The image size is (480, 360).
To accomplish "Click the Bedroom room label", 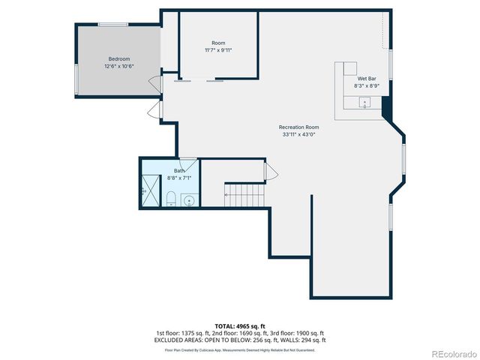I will point(118,59).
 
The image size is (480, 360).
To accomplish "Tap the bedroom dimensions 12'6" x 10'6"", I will point(118,66).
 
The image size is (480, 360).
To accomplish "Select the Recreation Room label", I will point(298,127).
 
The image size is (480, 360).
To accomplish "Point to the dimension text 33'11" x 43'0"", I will point(298,135).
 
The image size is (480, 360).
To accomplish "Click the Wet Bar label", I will point(367,79).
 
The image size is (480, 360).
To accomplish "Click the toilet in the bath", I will point(170,199).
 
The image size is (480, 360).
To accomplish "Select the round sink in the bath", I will point(187,200).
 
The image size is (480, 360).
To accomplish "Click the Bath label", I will point(179,171).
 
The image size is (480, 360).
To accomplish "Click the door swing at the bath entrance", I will point(188,162).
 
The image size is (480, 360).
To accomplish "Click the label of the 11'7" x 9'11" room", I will point(218,43).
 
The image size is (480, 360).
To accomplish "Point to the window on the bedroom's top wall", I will point(112,25).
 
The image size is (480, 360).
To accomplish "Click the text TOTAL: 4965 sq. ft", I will point(239,326).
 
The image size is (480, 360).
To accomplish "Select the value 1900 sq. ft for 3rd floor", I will point(310,333).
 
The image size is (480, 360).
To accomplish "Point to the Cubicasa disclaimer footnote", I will point(239,349).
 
